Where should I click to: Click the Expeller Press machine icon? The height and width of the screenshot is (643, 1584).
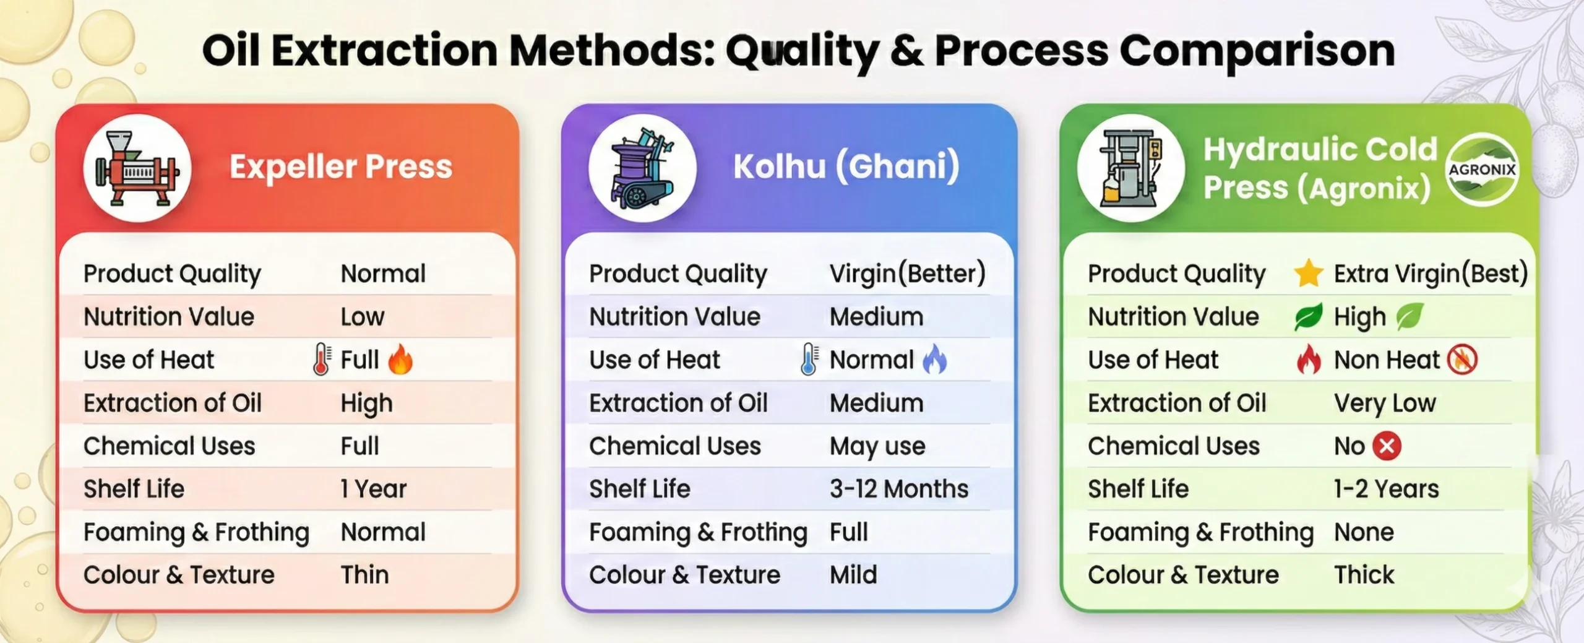(x=137, y=168)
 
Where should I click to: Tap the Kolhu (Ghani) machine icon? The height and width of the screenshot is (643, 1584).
(x=642, y=168)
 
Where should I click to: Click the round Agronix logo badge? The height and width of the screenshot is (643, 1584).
(x=1482, y=169)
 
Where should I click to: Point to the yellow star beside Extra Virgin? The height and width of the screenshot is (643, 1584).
(x=1309, y=274)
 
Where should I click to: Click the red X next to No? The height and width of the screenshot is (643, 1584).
(x=1387, y=446)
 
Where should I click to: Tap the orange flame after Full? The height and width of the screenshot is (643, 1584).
(x=400, y=360)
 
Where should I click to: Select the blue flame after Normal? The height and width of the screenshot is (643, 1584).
(x=934, y=360)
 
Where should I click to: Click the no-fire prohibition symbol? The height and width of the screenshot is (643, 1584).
(x=1462, y=360)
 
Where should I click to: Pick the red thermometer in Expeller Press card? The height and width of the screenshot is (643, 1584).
(x=321, y=360)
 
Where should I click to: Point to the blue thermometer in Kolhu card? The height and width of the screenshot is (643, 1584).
(x=809, y=360)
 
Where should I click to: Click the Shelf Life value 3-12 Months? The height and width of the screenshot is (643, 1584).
(x=899, y=489)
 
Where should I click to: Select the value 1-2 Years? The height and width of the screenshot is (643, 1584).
(x=1387, y=489)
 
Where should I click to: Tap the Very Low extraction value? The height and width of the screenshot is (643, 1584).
(x=1385, y=403)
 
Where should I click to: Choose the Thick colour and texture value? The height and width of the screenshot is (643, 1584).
(x=1364, y=575)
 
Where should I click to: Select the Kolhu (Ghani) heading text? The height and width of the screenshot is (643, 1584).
(x=846, y=167)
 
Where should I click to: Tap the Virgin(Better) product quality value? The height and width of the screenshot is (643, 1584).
(x=908, y=274)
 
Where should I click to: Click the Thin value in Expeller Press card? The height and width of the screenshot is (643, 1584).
(x=365, y=575)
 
